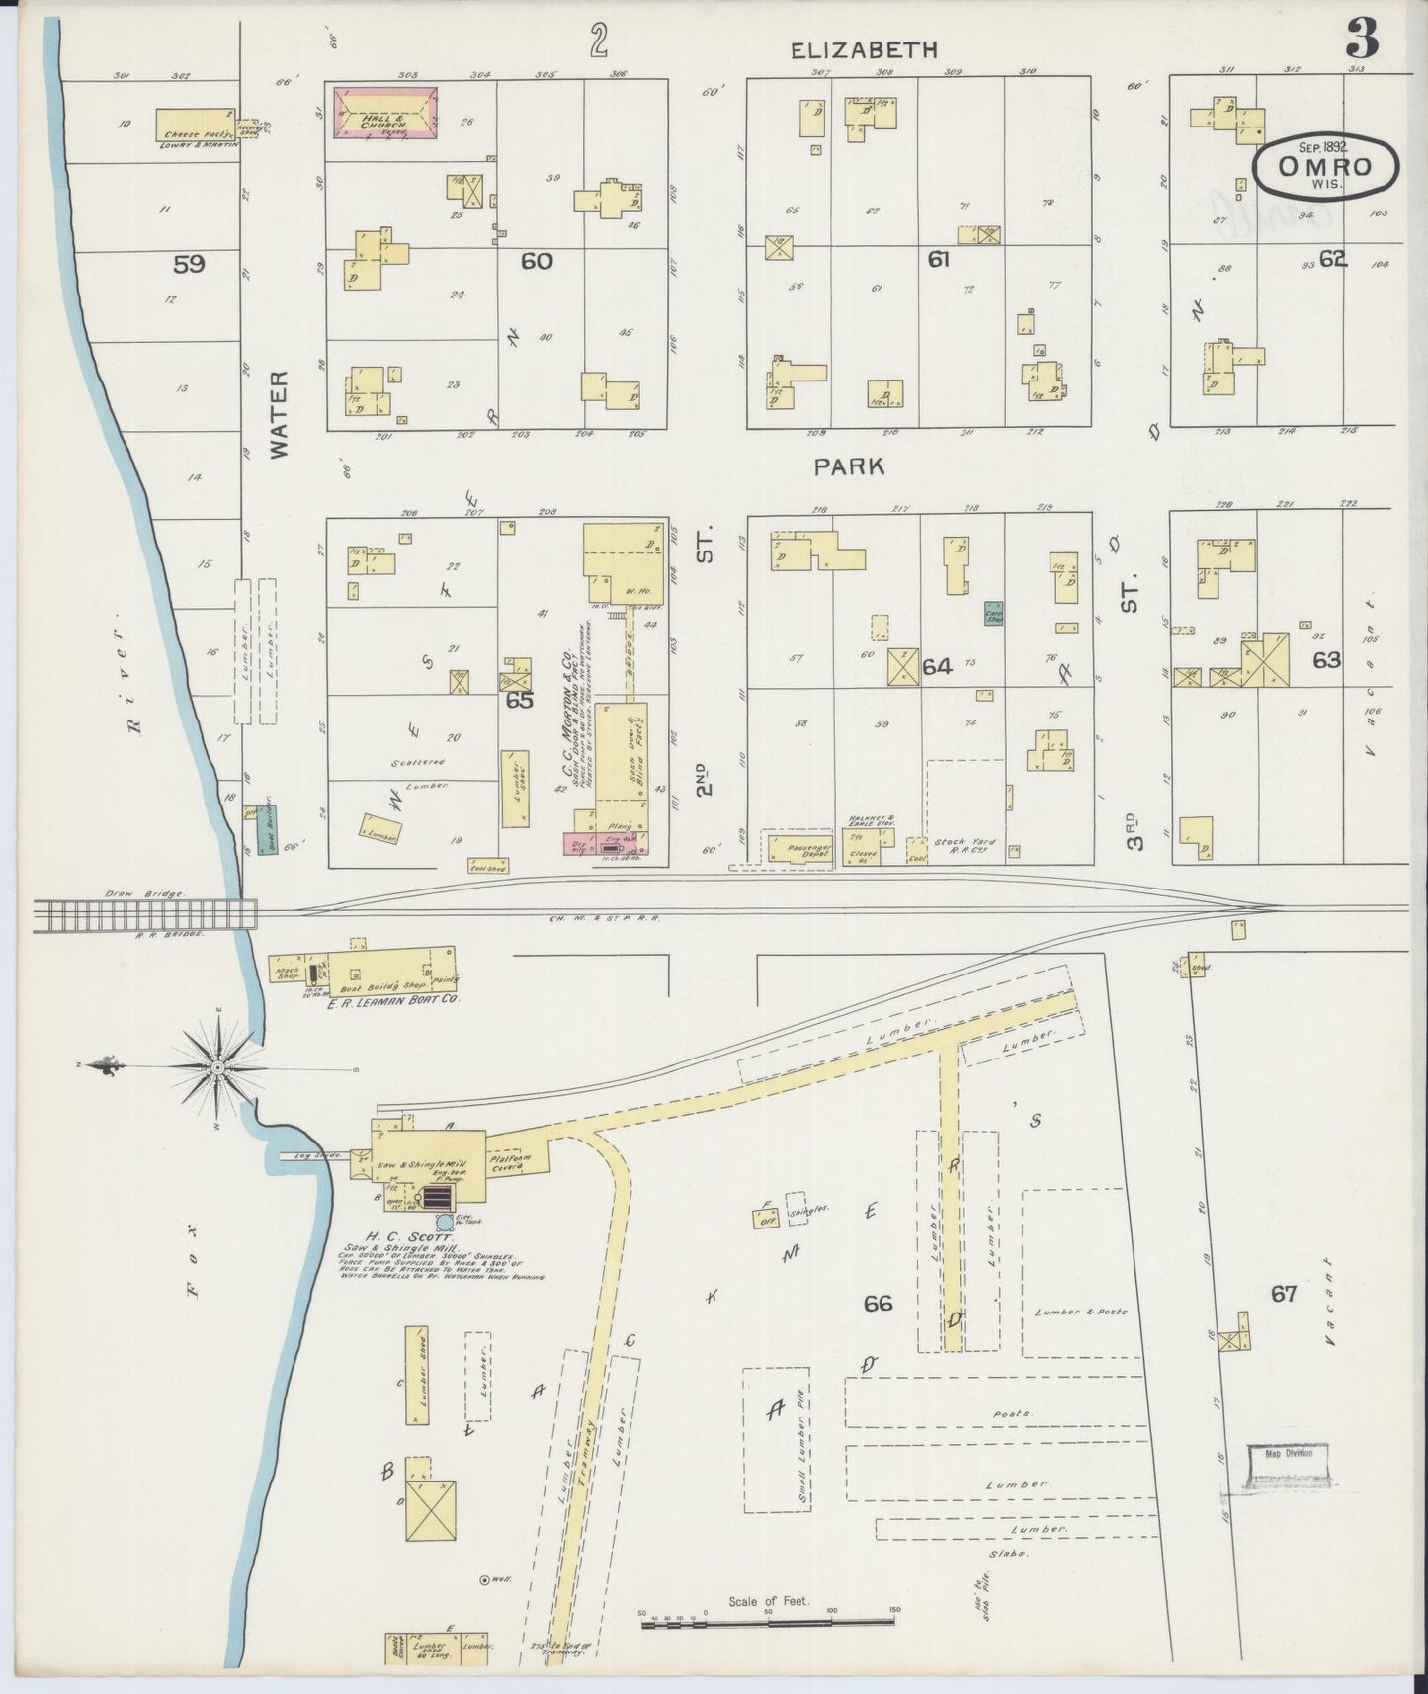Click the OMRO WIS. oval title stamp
1325,168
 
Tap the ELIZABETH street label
864,50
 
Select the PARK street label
849,466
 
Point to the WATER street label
280,413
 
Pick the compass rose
216,1068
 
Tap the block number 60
538,261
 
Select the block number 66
878,1304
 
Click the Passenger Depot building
799,848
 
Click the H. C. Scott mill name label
394,1236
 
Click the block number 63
1326,659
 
